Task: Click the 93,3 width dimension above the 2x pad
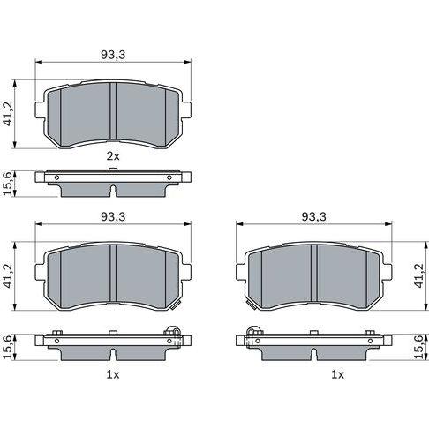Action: click(x=113, y=55)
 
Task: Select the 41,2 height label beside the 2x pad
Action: click(x=8, y=114)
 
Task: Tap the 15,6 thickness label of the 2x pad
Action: click(x=8, y=184)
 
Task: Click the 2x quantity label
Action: click(x=113, y=156)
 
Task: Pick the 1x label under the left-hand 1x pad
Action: click(x=113, y=374)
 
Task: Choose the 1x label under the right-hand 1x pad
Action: click(x=338, y=374)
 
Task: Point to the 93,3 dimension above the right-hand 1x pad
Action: click(x=314, y=217)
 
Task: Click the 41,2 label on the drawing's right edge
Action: click(x=419, y=275)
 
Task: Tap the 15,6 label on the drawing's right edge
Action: click(x=419, y=347)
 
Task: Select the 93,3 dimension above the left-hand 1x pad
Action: click(x=113, y=217)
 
